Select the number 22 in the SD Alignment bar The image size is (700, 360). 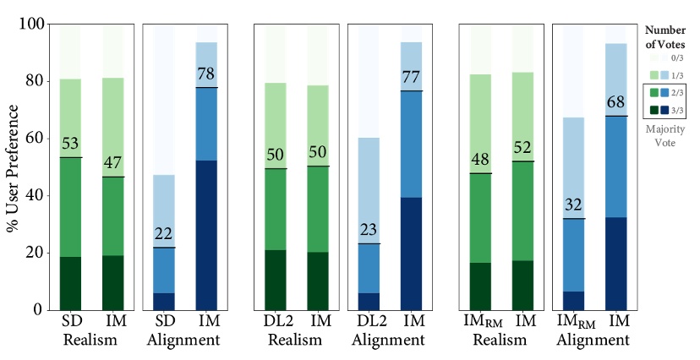coord(164,235)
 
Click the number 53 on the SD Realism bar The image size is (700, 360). coord(70,145)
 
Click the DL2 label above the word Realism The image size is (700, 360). coord(276,323)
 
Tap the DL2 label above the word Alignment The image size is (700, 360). coord(369,323)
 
